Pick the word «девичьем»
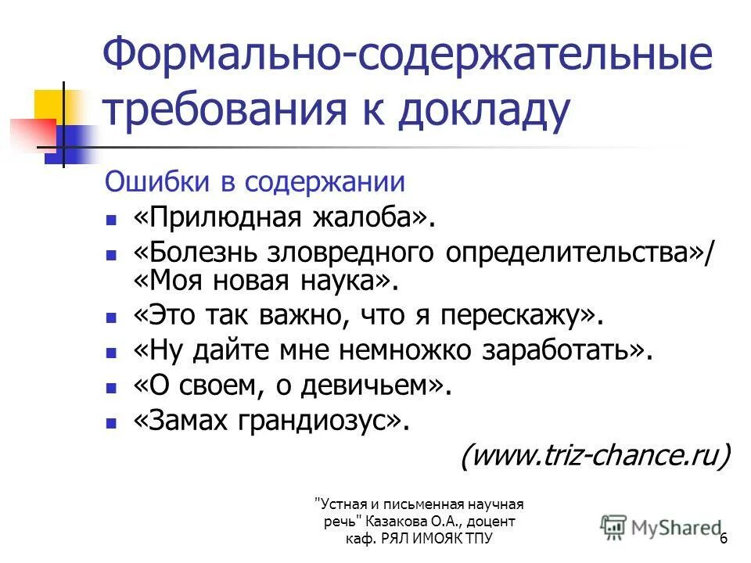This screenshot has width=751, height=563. pos(380,385)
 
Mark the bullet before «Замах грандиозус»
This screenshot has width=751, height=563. pos(113,422)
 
